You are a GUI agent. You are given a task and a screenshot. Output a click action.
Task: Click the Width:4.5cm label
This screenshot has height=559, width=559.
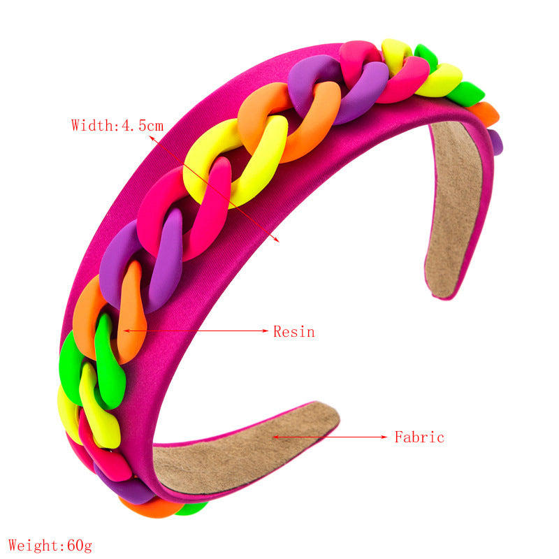tap(117, 126)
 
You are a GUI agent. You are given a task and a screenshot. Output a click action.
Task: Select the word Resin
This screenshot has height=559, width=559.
tap(293, 332)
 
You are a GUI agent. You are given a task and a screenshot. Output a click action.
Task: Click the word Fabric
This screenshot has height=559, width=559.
tap(419, 438)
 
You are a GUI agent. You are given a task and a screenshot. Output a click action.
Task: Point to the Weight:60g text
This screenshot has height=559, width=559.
tap(50, 545)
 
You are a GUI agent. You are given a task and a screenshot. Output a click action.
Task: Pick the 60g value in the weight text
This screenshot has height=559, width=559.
tap(78, 545)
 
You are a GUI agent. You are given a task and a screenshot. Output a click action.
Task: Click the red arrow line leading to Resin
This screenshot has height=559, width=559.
tap(196, 331)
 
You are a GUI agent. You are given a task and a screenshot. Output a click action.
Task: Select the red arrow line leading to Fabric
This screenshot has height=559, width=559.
tap(328, 437)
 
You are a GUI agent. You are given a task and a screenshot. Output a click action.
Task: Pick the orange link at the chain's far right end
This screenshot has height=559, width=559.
tap(484, 112)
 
